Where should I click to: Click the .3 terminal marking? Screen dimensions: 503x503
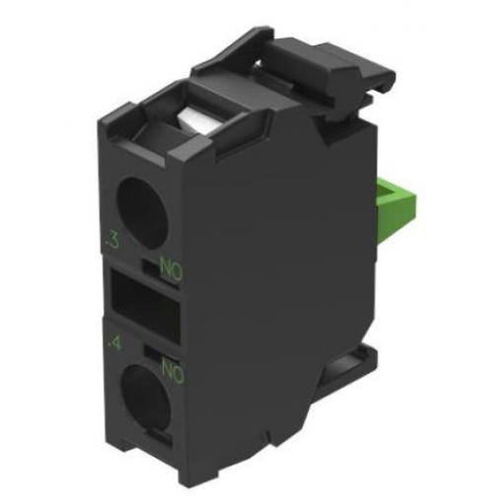(x=111, y=242)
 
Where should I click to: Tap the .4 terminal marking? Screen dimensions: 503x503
(x=115, y=344)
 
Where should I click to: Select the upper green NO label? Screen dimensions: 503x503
(x=171, y=270)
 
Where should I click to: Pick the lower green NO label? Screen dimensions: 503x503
(x=174, y=371)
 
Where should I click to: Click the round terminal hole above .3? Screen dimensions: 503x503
(x=142, y=213)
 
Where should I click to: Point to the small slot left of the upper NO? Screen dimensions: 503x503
(x=150, y=267)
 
